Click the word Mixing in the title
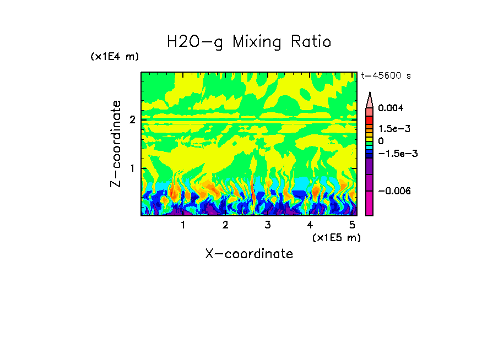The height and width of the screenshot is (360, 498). [258, 42]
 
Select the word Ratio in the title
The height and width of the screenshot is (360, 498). [311, 42]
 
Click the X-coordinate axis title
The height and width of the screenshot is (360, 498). [249, 254]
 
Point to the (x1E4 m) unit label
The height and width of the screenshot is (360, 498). [115, 57]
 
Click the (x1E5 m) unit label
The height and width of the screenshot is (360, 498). [336, 237]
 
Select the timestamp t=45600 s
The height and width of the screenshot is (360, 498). [386, 76]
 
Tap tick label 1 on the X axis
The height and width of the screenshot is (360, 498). [183, 225]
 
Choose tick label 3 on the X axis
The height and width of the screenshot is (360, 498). [267, 225]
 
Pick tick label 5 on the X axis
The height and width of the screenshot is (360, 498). [352, 225]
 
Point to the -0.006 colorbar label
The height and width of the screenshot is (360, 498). [395, 190]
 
